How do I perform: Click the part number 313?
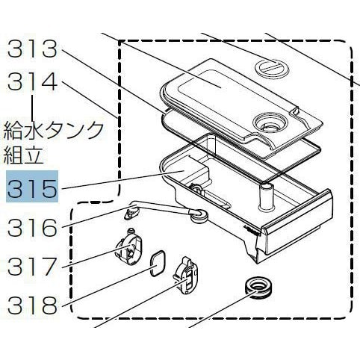(32, 49)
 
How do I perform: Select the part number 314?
(32, 81)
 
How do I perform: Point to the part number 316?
(32, 227)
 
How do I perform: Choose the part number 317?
(32, 266)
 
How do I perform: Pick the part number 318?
(32, 305)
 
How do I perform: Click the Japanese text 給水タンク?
(54, 130)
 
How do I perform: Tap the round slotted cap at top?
(272, 66)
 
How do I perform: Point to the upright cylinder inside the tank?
(266, 196)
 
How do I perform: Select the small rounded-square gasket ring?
(158, 264)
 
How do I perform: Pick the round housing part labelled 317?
(128, 244)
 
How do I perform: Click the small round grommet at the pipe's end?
(199, 216)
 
